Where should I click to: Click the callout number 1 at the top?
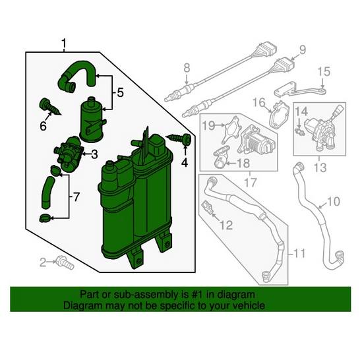click(63, 45)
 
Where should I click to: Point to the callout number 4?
click(185, 162)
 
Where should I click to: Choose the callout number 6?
click(44, 126)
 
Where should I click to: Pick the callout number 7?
click(76, 196)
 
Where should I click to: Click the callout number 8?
click(186, 67)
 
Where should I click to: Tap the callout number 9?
click(303, 49)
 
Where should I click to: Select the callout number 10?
click(333, 200)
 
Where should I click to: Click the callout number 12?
click(225, 225)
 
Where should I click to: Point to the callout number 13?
click(320, 169)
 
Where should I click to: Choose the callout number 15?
click(324, 71)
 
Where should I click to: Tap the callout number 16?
click(258, 102)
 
